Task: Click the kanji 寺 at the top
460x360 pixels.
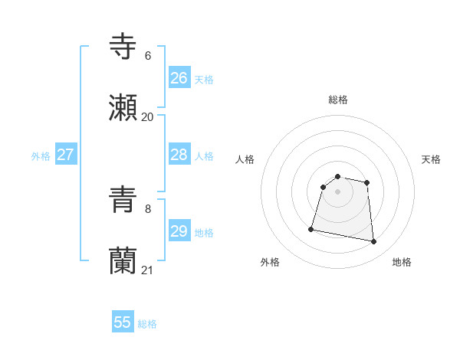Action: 123,46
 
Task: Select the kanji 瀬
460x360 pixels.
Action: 123,108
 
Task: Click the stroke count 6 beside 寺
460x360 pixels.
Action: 147,55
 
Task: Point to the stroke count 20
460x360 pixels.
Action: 147,116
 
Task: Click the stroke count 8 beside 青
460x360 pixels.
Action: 147,208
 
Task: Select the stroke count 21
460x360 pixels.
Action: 147,270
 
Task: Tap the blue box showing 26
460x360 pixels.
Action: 179,78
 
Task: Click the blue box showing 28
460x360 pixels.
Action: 179,155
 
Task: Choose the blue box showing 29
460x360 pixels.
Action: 179,231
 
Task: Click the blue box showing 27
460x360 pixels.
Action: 65,155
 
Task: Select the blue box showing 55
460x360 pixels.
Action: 123,322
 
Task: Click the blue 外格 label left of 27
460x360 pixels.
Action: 41,156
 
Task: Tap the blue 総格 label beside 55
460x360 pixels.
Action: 147,324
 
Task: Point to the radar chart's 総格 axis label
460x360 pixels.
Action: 338,100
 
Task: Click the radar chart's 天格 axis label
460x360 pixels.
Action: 431,159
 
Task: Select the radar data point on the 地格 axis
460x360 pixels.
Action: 374,242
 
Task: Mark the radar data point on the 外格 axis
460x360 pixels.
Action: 311,229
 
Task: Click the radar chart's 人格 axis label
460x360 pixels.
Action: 245,159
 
